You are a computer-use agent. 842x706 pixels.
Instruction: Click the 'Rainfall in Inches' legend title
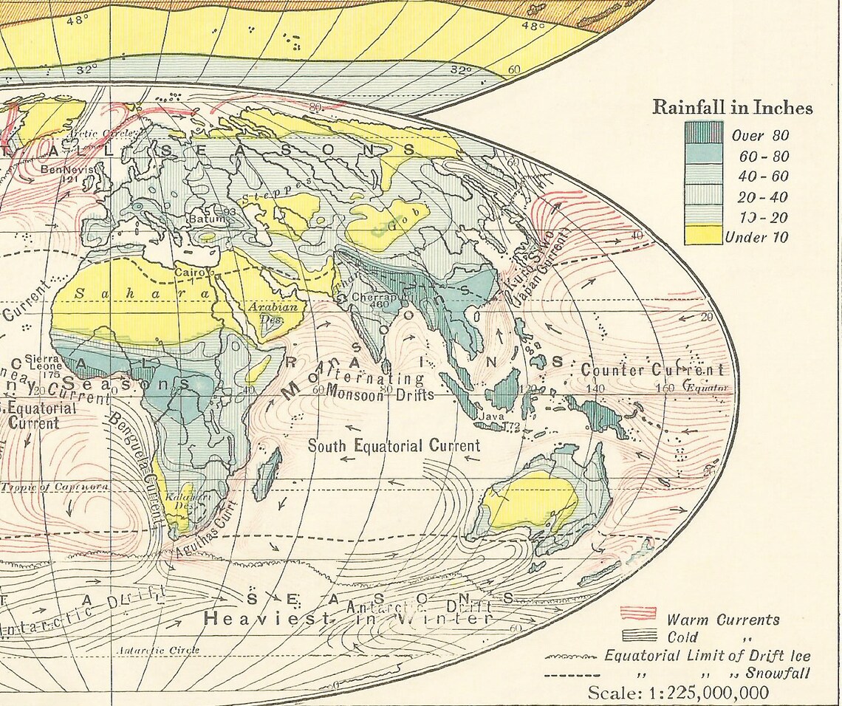[732, 108]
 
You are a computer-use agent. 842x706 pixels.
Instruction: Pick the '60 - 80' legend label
[763, 157]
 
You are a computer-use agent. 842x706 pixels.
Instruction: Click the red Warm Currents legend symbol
[638, 613]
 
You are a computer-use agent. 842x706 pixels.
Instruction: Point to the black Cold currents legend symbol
[638, 634]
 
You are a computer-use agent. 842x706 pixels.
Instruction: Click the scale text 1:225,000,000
[677, 693]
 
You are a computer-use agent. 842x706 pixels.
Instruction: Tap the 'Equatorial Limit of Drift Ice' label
[707, 656]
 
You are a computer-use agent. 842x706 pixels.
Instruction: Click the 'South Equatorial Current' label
[394, 445]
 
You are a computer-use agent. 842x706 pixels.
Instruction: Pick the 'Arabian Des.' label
[273, 312]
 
